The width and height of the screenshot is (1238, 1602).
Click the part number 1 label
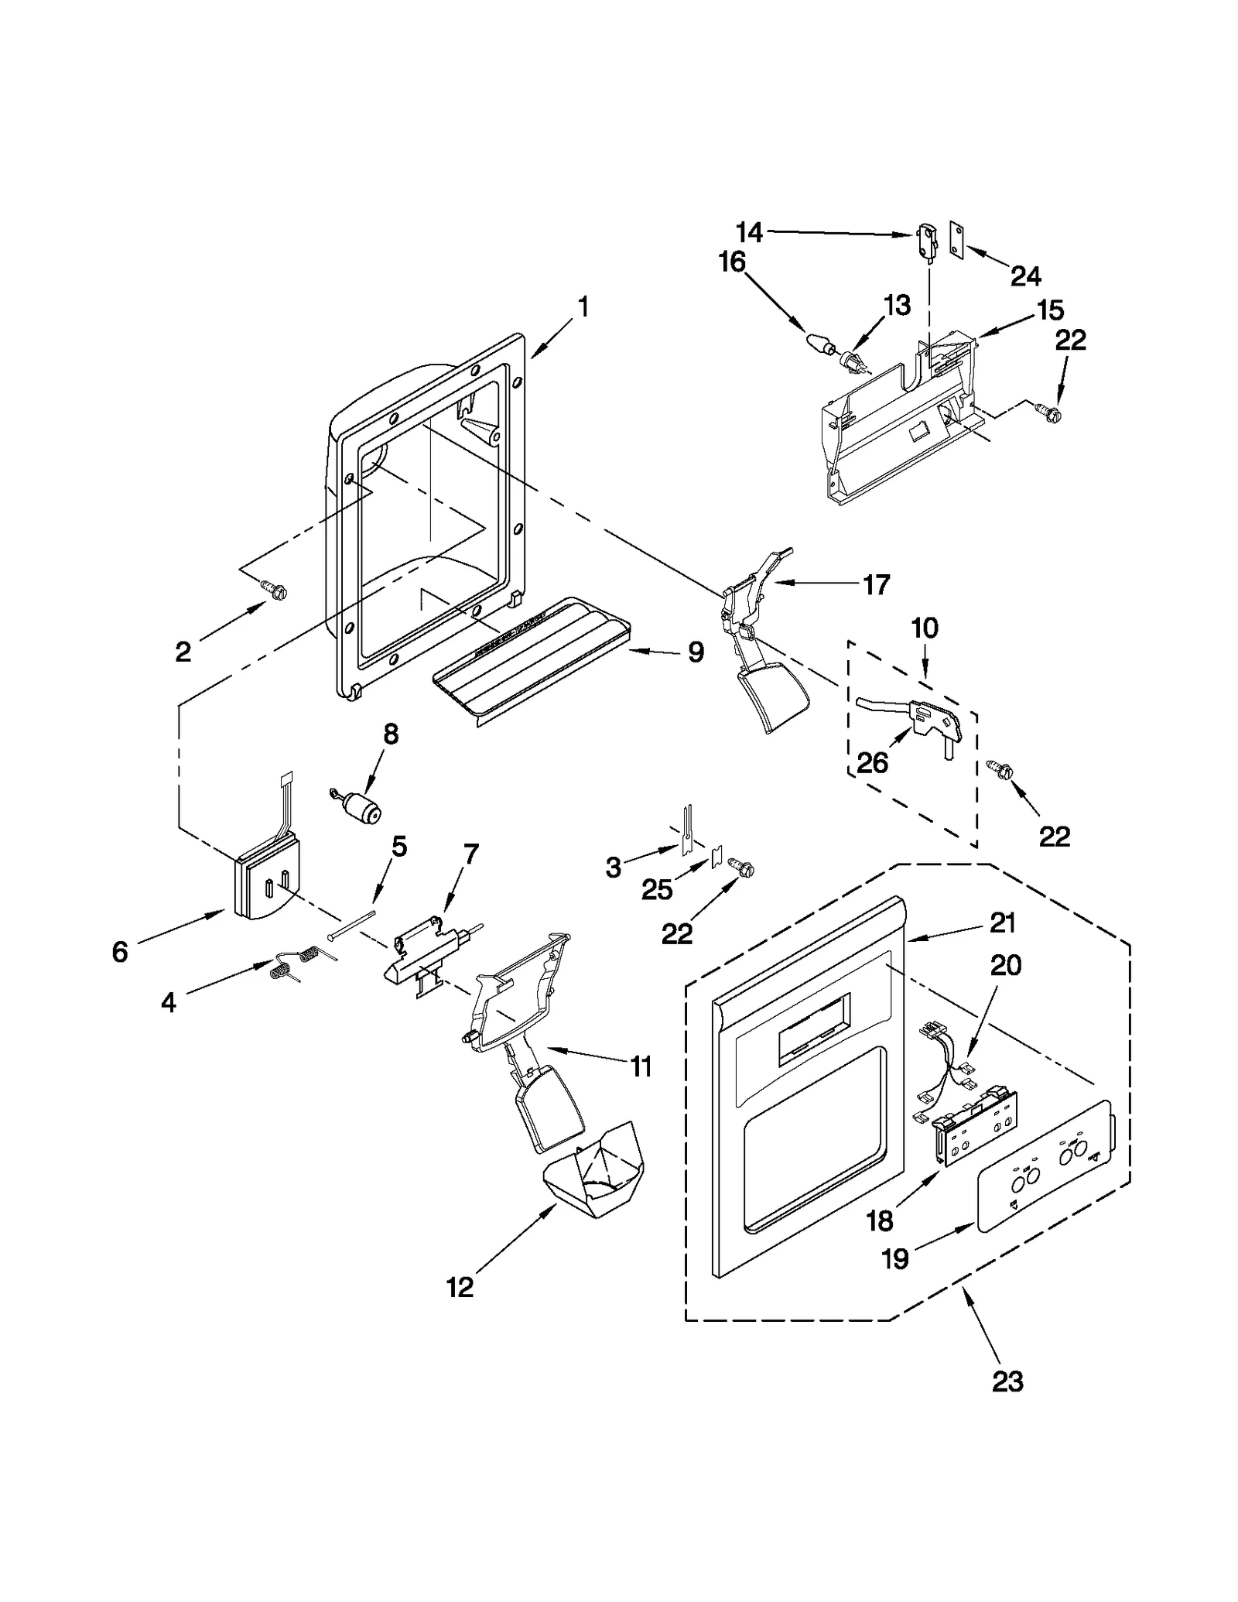pyautogui.click(x=583, y=308)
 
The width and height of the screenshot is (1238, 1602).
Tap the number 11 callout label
pyautogui.click(x=641, y=1067)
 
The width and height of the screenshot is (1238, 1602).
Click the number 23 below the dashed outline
pyautogui.click(x=1008, y=1402)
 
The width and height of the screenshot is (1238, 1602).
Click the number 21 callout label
pyautogui.click(x=1003, y=923)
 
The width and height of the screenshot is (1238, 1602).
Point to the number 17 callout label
pyautogui.click(x=877, y=584)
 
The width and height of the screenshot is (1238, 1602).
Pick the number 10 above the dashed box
pyautogui.click(x=925, y=628)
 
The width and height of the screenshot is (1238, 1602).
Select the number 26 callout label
pyautogui.click(x=873, y=764)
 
